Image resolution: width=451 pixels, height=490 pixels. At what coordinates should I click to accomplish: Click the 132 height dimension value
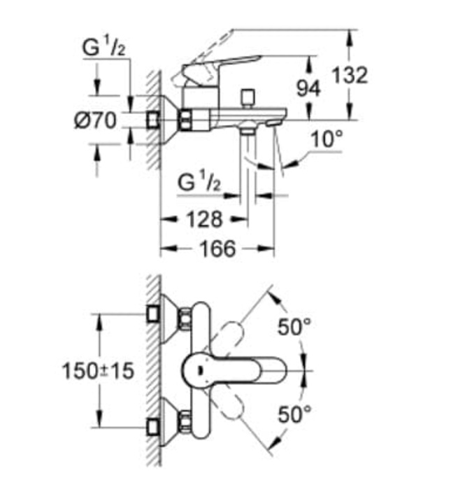(350, 75)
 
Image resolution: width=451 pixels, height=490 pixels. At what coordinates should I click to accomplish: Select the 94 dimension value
(308, 88)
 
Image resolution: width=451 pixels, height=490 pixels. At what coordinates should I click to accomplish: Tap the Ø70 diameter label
(96, 120)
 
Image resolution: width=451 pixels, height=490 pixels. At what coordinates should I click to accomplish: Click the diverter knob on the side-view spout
(246, 97)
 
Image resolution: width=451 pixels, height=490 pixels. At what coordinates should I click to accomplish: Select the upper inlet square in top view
(153, 313)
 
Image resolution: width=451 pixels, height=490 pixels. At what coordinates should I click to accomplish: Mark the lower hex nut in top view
(186, 420)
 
